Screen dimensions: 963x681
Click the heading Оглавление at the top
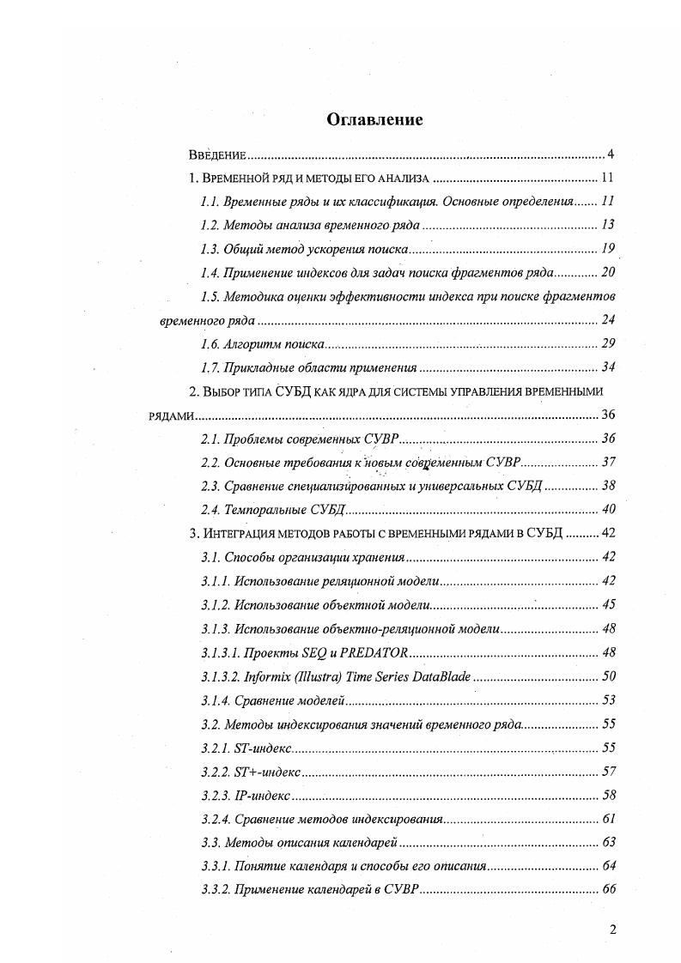(x=374, y=120)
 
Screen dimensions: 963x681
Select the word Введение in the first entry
(x=218, y=155)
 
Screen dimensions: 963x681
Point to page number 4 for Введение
(x=611, y=154)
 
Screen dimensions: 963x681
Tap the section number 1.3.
(x=210, y=250)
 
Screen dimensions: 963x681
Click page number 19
(x=608, y=249)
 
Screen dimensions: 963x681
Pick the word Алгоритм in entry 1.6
(x=250, y=344)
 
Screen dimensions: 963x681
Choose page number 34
(x=608, y=367)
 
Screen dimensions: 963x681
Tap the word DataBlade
(x=441, y=675)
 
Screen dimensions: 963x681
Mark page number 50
(x=608, y=675)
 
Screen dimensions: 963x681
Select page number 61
(x=608, y=818)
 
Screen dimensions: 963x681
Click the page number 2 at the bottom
(x=612, y=929)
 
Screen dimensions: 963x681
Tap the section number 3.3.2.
(x=215, y=889)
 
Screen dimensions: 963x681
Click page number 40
(x=608, y=510)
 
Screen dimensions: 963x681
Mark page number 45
(x=608, y=604)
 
